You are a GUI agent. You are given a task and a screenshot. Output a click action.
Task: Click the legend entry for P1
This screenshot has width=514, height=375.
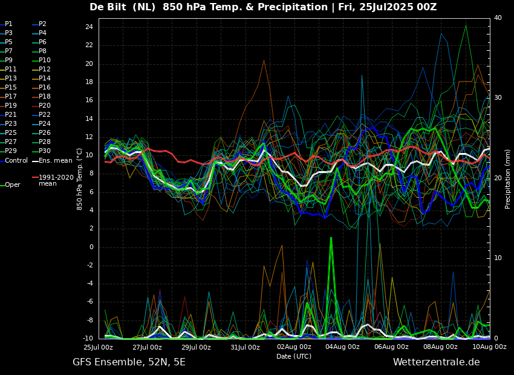[8, 24]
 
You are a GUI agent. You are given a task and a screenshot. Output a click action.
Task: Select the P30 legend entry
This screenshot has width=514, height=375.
[45, 151]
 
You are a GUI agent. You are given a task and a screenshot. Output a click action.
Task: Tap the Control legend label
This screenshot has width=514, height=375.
[16, 160]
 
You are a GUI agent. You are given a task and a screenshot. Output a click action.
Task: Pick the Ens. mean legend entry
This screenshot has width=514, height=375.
[55, 160]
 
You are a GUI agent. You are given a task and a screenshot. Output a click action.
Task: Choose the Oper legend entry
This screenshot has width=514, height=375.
[12, 184]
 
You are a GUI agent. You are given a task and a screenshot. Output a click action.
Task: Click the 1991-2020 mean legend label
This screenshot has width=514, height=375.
[56, 180]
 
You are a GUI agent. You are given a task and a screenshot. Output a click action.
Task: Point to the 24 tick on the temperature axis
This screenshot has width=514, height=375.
[88, 27]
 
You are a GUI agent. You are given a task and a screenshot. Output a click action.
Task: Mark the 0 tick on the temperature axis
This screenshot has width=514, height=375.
[91, 247]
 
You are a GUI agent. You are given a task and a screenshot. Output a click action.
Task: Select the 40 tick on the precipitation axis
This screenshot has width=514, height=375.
[498, 18]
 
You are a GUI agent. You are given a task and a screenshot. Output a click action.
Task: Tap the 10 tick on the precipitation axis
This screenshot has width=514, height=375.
[498, 258]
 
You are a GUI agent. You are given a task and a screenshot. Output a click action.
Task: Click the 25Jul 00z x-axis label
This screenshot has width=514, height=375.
[98, 347]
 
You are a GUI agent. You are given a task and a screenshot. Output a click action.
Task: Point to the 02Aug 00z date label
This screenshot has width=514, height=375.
[294, 347]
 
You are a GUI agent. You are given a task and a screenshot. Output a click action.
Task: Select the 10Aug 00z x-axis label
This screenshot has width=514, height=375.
[489, 347]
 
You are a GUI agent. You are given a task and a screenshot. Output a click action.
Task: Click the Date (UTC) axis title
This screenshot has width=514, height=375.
[294, 356]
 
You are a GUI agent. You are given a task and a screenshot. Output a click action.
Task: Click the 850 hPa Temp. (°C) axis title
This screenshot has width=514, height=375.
[80, 178]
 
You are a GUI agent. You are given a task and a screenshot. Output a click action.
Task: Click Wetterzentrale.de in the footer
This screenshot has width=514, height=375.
[436, 362]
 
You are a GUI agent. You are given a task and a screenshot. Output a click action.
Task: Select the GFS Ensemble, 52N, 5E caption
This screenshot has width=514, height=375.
[129, 362]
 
